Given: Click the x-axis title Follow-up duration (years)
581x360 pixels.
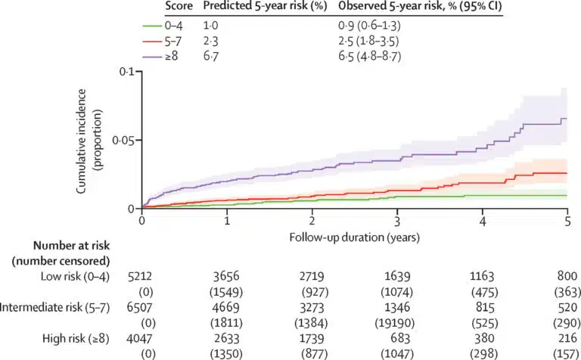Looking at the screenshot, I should tap(354, 237).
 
